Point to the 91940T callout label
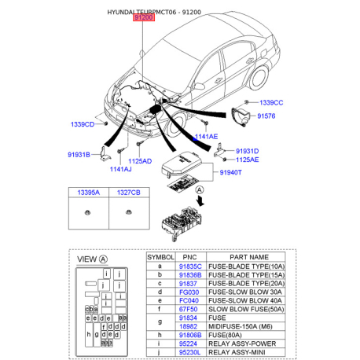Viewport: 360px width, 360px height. click(x=231, y=172)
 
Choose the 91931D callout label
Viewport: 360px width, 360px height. click(x=247, y=150)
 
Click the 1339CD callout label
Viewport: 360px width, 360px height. click(x=82, y=124)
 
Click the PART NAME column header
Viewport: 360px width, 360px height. click(x=249, y=257)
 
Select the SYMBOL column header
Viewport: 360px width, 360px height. click(x=160, y=257)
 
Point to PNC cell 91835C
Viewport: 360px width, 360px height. click(x=192, y=266)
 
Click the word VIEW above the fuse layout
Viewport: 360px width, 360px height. click(x=87, y=259)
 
